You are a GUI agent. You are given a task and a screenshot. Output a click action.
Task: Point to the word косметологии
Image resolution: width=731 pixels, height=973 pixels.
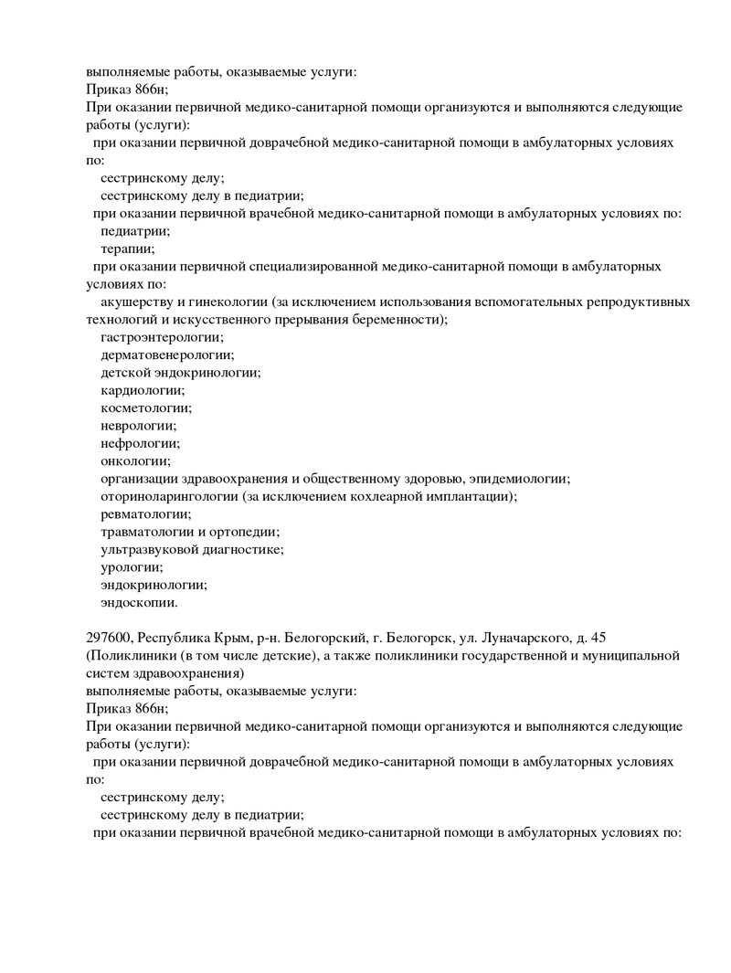(146, 408)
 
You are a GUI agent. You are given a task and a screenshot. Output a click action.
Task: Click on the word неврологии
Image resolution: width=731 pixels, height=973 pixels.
(139, 426)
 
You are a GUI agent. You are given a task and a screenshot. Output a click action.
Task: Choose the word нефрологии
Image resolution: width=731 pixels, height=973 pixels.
(140, 443)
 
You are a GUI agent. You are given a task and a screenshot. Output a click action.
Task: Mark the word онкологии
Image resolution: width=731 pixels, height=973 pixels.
(135, 460)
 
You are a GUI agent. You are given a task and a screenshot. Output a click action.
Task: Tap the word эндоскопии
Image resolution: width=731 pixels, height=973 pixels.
(139, 602)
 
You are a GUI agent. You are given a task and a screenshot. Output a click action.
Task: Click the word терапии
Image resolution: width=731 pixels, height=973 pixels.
(127, 249)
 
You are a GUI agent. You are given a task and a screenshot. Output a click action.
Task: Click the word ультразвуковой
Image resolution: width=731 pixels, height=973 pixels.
(149, 549)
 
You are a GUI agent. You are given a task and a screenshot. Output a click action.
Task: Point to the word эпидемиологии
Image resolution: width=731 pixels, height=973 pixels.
(518, 479)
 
